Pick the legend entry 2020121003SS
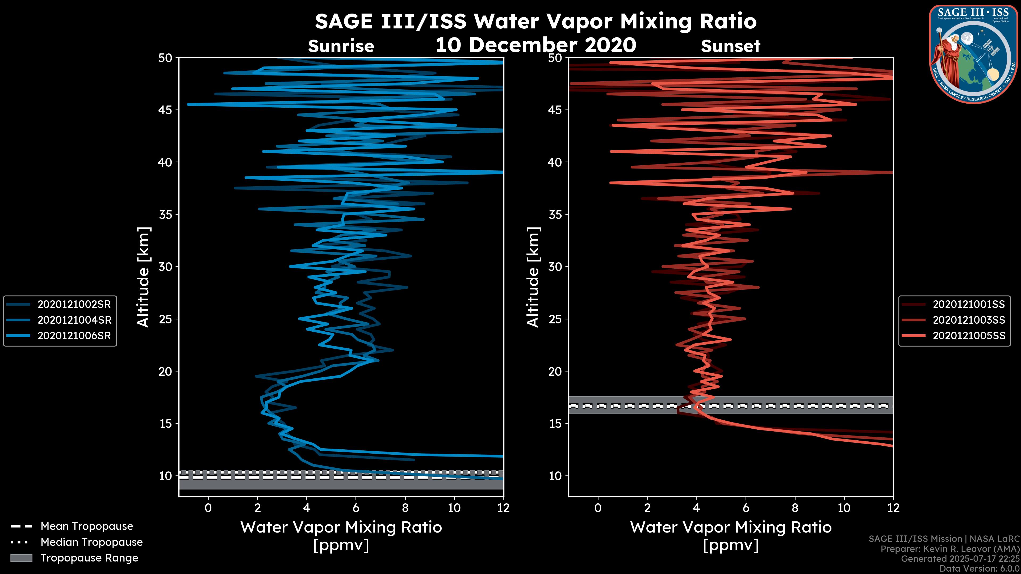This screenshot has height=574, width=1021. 969,320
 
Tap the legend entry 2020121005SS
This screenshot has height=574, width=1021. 969,336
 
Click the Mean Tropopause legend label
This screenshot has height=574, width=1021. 86,526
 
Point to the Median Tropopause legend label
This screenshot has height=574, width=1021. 91,542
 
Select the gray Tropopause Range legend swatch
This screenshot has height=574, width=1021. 21,558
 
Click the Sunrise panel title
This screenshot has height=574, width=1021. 341,46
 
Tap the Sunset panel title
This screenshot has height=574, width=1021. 730,46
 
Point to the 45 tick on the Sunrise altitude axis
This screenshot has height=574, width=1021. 165,110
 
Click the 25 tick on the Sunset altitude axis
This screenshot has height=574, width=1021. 555,319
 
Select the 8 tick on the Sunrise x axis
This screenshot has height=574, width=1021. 405,508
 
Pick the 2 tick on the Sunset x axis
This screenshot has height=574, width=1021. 647,508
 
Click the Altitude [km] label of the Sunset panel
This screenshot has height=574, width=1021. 533,277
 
